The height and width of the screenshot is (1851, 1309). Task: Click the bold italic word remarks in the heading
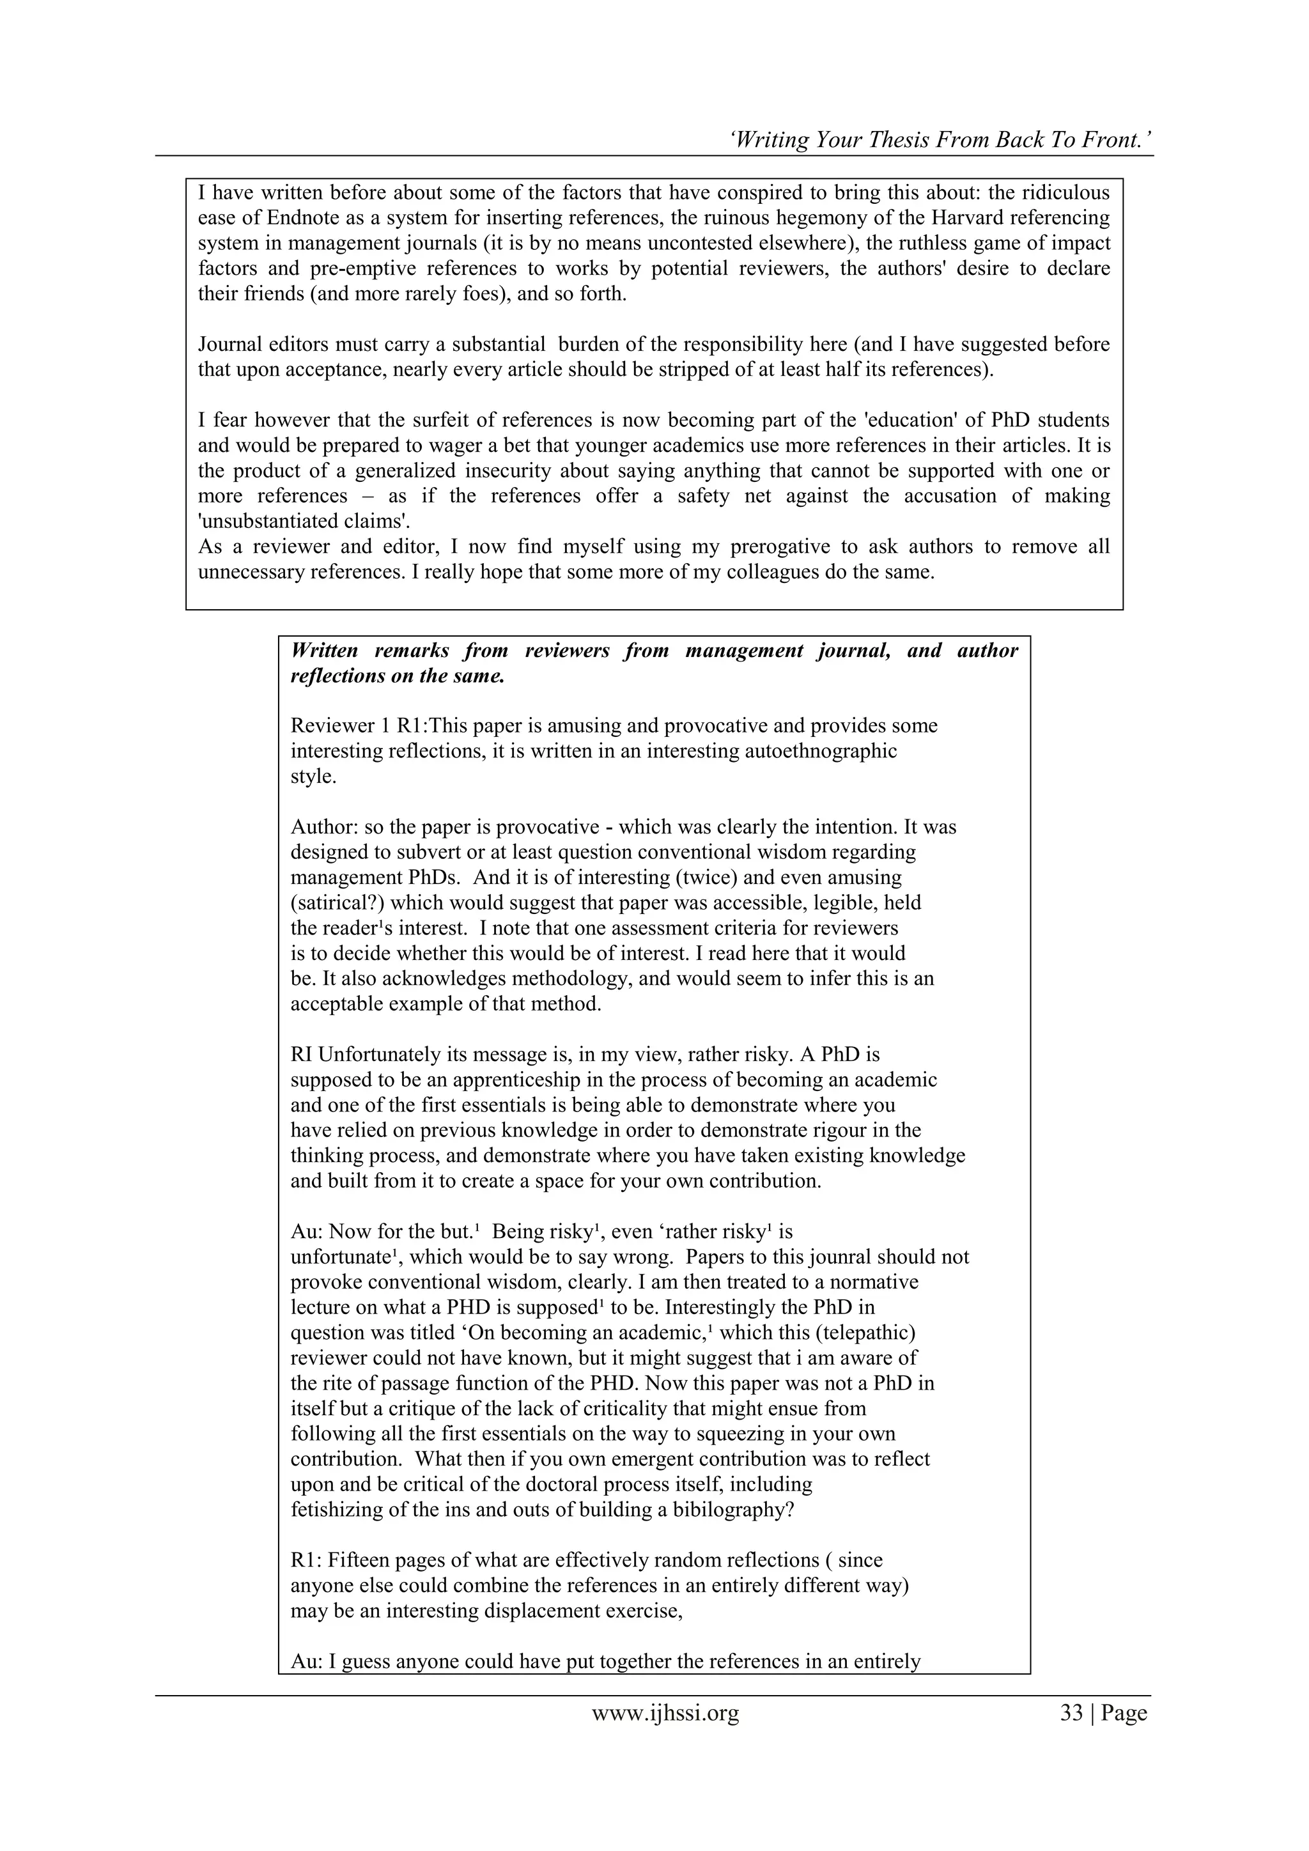pos(410,651)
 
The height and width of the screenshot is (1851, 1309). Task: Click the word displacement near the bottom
pos(549,1611)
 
